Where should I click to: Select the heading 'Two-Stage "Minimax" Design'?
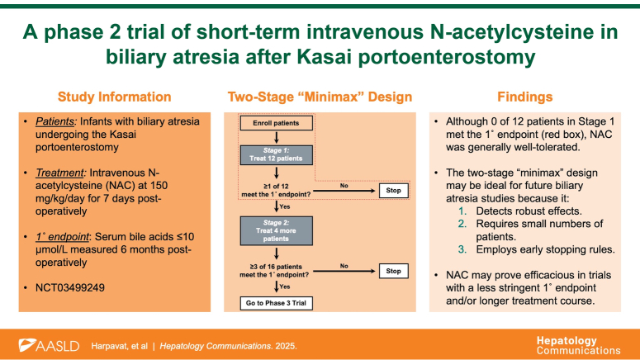[320, 97]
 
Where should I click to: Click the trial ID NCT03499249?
[70, 290]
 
